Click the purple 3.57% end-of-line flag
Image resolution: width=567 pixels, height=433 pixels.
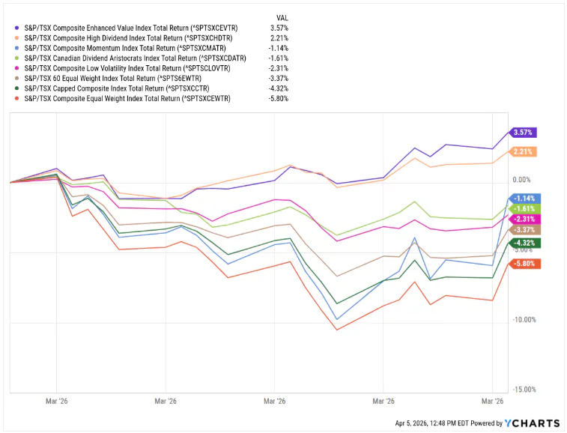[524, 133]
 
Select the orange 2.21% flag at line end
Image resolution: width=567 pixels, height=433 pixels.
[524, 152]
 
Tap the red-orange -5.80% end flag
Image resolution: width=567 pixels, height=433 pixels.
[524, 264]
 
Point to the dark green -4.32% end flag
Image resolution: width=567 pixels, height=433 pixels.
[524, 243]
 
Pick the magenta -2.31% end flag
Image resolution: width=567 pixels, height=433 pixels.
[524, 219]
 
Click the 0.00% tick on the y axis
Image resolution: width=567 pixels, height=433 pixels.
[522, 181]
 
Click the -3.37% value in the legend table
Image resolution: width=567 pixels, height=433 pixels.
[279, 77]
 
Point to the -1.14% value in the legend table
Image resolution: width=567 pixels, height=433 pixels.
[279, 47]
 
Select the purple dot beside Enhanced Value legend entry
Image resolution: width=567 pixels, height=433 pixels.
[16, 28]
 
